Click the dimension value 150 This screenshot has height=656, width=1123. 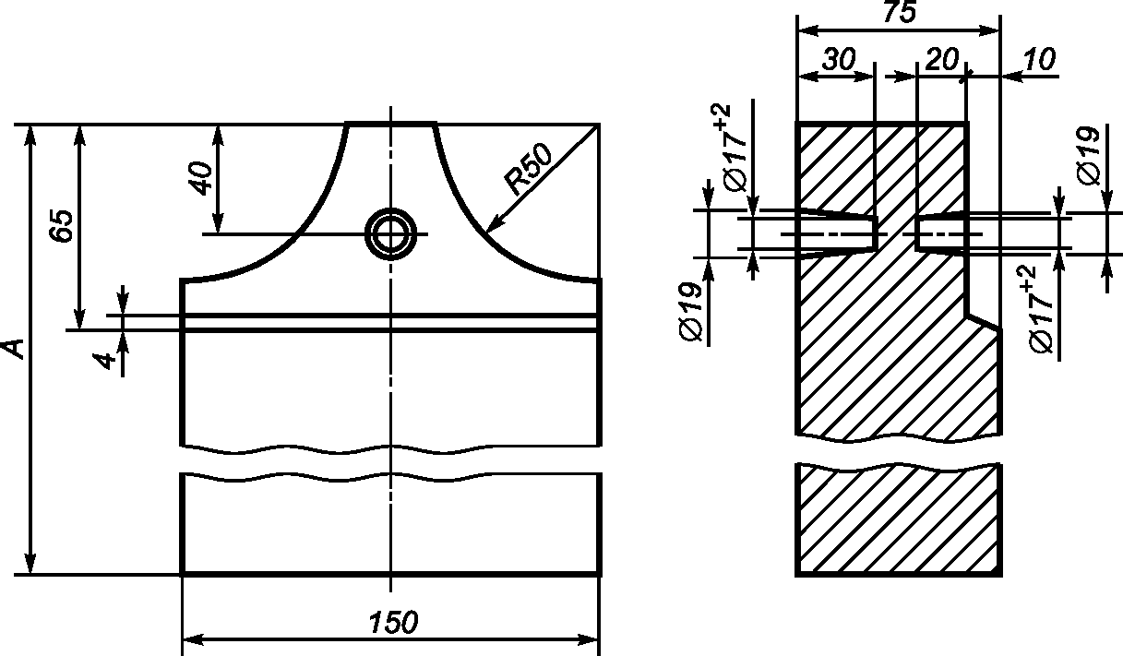point(393,622)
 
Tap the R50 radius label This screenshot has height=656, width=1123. point(529,169)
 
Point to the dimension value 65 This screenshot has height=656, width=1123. point(63,226)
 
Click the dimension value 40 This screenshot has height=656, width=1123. point(201,178)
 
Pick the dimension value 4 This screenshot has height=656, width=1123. point(103,361)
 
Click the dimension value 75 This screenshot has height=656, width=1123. point(900,12)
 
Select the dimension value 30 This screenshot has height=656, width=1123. point(839,60)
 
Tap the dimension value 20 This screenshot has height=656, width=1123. point(942,60)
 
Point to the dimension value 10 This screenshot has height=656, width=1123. point(1039,60)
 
